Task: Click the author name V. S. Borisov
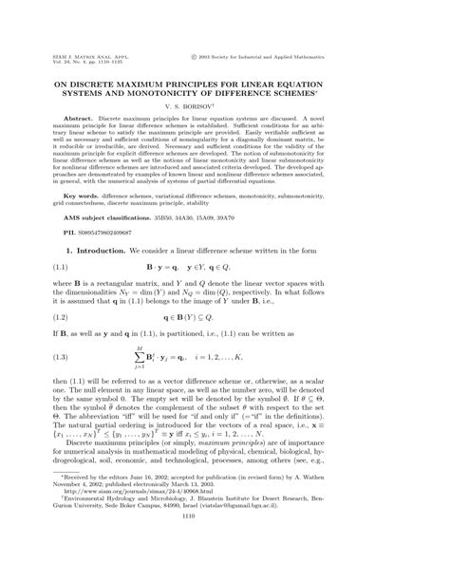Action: (225, 108)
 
